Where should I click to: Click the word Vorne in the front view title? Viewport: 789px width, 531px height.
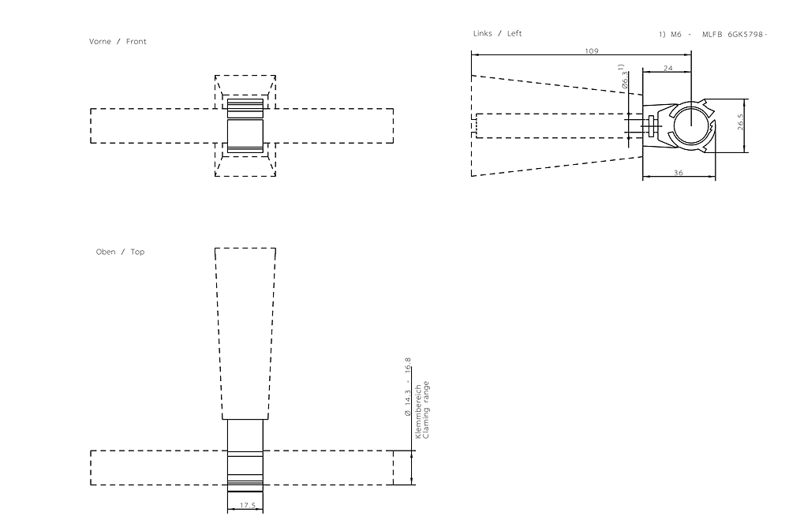[x=100, y=42]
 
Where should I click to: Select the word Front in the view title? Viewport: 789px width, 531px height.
[x=136, y=42]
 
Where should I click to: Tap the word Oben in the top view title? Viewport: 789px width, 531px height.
[x=105, y=252]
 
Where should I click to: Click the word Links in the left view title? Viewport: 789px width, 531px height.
[x=482, y=33]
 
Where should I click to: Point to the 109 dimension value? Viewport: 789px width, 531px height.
[x=591, y=50]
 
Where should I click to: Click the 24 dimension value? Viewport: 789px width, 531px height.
[x=667, y=69]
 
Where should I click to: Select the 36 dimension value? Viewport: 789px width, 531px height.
[x=679, y=173]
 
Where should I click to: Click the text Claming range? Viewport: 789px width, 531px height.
[x=427, y=410]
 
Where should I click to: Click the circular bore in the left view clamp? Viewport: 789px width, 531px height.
[x=690, y=126]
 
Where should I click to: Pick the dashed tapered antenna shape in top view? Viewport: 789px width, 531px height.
[x=245, y=331]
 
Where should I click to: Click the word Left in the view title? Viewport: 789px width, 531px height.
[x=514, y=33]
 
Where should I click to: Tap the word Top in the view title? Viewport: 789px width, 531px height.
[x=137, y=252]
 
